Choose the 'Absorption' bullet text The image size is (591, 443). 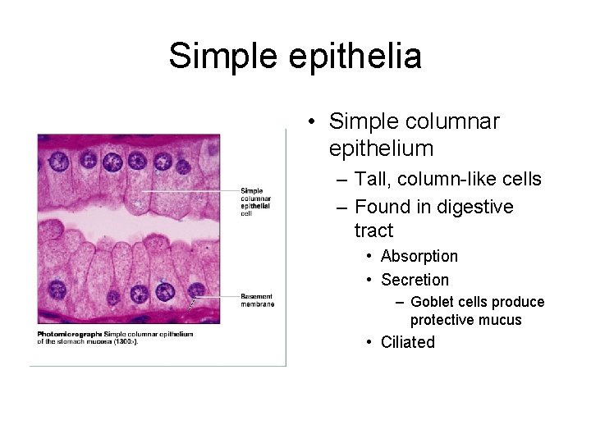(419, 256)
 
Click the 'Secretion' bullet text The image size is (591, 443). (415, 280)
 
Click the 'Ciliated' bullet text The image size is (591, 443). (407, 342)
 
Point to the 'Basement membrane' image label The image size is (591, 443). (257, 299)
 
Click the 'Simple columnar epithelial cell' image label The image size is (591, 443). (256, 202)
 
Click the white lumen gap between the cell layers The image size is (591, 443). (123, 221)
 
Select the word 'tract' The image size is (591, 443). (373, 231)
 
